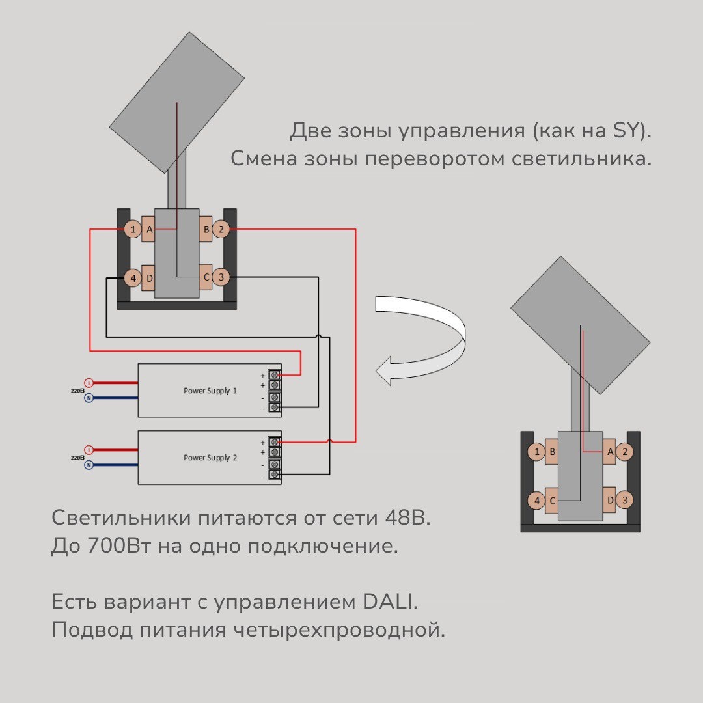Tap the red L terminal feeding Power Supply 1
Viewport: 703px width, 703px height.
pyautogui.click(x=89, y=383)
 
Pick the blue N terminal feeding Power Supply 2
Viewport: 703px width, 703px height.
pyautogui.click(x=89, y=465)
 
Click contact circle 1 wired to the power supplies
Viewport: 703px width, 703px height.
pyautogui.click(x=133, y=229)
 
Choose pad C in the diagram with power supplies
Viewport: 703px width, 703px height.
pyautogui.click(x=206, y=278)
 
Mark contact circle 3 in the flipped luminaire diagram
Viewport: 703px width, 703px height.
pyautogui.click(x=625, y=501)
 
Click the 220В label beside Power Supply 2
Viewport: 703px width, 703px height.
pyautogui.click(x=77, y=458)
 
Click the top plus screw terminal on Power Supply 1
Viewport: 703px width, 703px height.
pyautogui.click(x=275, y=376)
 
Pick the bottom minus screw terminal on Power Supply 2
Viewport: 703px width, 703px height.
pyautogui.click(x=275, y=475)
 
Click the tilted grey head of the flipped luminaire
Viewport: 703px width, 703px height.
pyautogui.click(x=579, y=319)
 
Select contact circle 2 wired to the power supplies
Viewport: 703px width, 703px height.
pyautogui.click(x=221, y=229)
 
